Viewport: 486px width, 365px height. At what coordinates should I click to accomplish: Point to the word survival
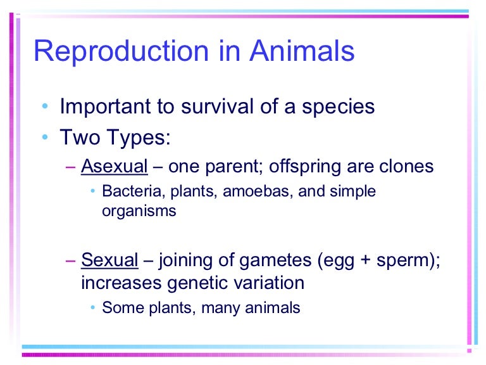tap(219, 106)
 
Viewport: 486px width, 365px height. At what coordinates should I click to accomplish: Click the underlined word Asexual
tap(114, 167)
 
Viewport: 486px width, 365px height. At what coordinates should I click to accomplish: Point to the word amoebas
tap(249, 191)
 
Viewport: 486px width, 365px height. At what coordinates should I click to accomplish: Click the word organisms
tap(139, 211)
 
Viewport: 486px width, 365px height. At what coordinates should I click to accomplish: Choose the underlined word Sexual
tap(109, 260)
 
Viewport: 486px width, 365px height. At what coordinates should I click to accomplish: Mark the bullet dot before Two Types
tap(44, 138)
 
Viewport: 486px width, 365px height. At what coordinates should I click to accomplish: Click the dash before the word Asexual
tap(71, 167)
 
